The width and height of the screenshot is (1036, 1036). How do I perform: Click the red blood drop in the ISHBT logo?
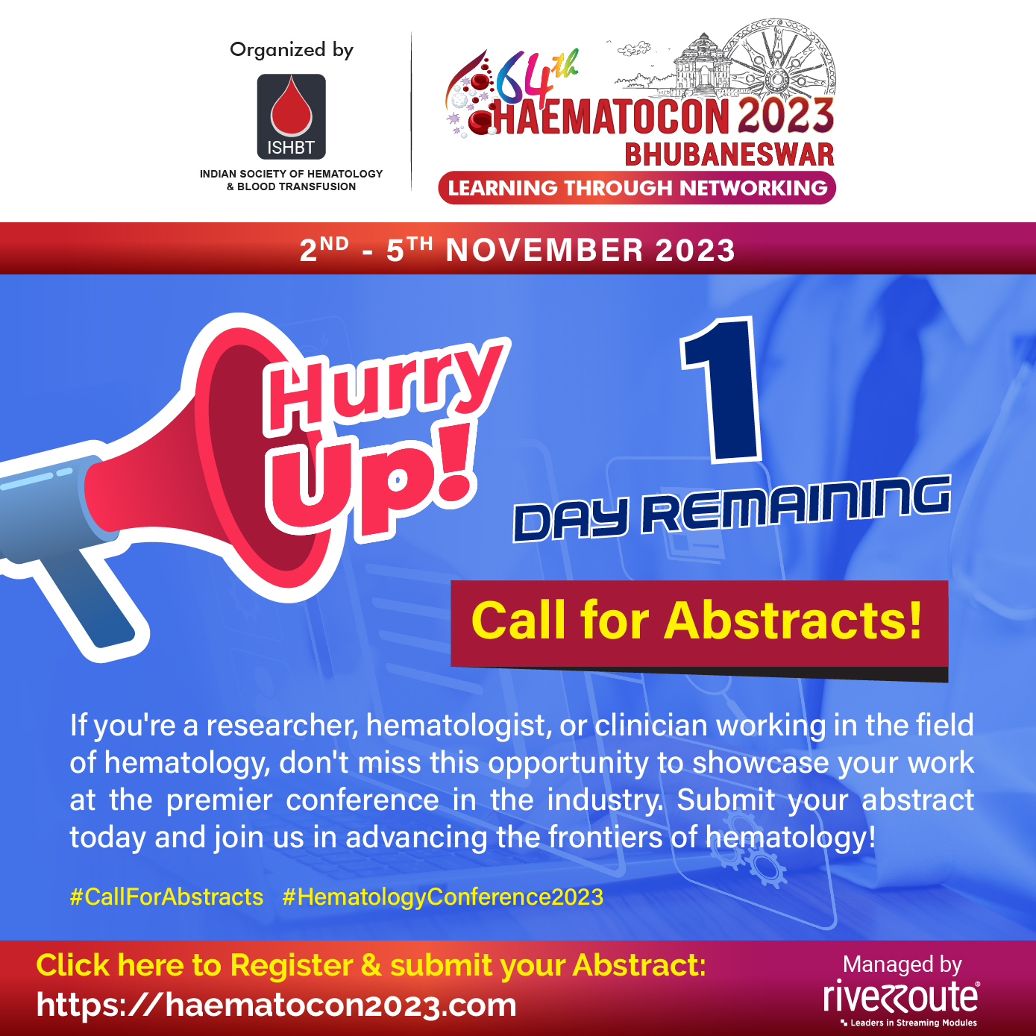291,107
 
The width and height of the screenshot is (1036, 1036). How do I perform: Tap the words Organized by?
292,50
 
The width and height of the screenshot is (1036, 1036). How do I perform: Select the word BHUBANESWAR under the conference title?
729,155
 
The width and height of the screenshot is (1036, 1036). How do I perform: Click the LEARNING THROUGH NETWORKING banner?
637,188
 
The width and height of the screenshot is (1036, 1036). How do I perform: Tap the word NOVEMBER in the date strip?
544,251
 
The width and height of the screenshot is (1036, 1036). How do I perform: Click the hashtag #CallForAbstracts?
166,897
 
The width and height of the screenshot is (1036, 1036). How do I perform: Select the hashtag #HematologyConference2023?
443,897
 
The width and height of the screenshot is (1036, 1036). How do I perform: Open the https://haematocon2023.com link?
276,1004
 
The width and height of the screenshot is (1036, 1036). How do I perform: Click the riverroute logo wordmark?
901,997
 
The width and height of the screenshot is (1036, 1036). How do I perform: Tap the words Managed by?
902,964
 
